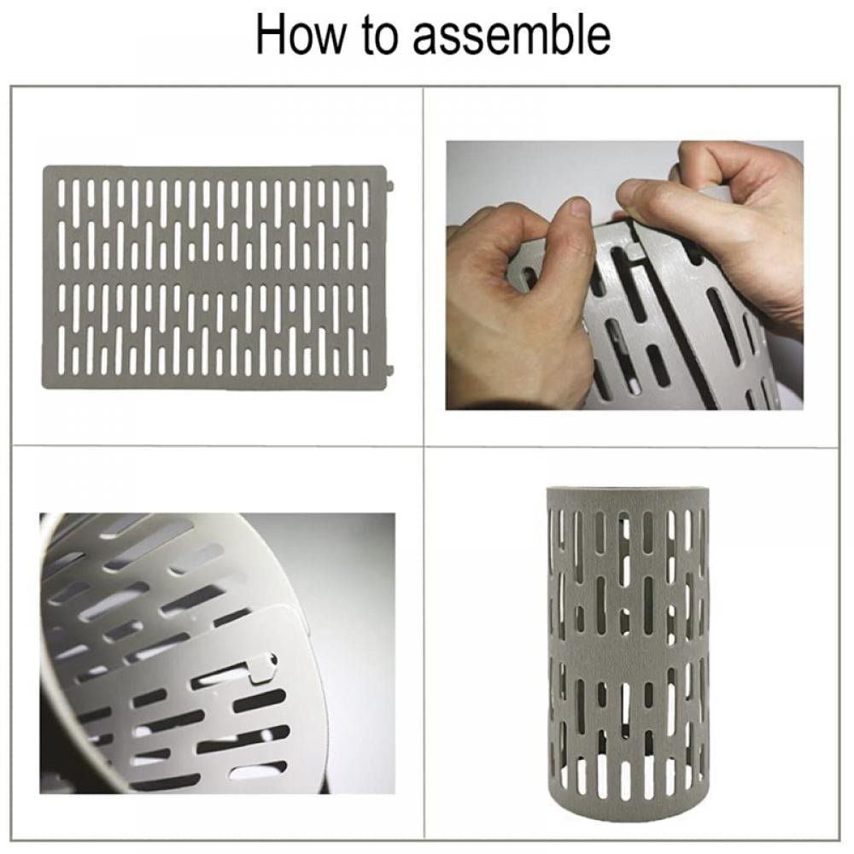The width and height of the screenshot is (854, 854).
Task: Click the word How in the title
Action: tap(301, 35)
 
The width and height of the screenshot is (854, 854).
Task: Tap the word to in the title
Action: tap(381, 36)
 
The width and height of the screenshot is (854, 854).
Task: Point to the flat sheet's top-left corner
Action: tap(44, 167)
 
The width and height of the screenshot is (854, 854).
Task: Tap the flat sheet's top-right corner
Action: tap(385, 167)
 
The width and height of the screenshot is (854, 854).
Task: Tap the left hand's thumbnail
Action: tap(577, 207)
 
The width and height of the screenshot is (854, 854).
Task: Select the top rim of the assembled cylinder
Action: tap(628, 494)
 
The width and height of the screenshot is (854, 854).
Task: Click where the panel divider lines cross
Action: tap(424, 447)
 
